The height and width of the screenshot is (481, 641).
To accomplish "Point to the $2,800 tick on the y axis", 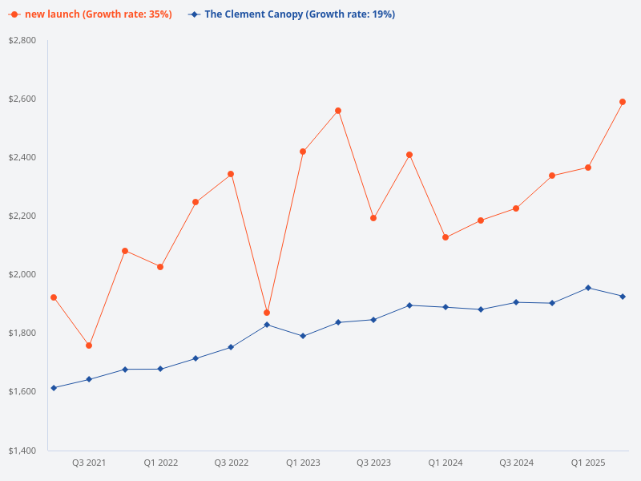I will [22, 40].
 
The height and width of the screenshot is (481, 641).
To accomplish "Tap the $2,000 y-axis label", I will [22, 274].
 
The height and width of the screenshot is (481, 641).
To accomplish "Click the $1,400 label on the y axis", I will [22, 451].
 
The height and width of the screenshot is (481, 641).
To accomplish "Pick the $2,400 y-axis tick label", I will [22, 157].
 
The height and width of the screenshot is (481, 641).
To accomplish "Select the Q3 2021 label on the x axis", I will [89, 463].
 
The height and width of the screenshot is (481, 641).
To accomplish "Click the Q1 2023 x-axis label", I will [303, 463].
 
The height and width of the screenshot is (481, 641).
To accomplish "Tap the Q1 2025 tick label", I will [588, 463].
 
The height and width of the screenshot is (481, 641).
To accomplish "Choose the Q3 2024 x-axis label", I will [517, 463].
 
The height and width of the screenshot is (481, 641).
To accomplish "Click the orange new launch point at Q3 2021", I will [89, 346].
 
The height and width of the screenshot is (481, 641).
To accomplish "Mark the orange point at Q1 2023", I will [303, 152].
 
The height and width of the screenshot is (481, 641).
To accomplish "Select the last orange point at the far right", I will [623, 102].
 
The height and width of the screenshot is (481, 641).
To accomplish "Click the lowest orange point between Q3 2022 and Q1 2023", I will [267, 313].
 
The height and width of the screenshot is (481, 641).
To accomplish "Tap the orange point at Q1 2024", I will [445, 237].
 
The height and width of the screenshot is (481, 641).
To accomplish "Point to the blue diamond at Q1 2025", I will [588, 288].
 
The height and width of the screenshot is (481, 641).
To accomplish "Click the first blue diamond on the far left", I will [54, 388].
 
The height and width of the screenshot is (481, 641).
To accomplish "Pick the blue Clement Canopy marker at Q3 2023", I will [373, 320].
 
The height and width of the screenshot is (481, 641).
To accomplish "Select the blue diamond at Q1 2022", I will [160, 369].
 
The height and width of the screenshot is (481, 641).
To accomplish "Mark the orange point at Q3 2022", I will [231, 174].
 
